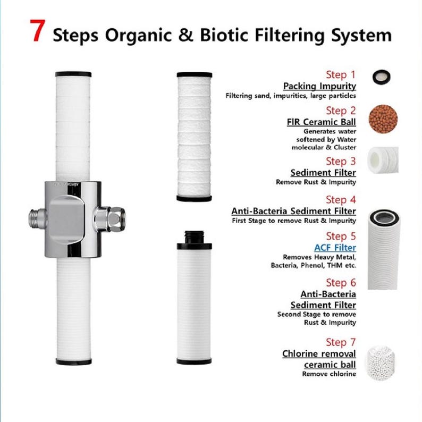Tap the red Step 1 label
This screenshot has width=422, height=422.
click(341, 74)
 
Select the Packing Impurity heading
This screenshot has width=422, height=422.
click(319, 86)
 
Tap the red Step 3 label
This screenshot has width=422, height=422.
click(341, 161)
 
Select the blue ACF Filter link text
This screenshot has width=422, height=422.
click(335, 248)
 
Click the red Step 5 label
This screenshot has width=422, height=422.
click(341, 236)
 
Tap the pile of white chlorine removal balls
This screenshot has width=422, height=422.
click(382, 362)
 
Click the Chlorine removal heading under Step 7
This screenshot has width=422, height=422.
click(319, 354)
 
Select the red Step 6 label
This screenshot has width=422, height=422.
click(341, 282)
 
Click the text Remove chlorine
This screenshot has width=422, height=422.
click(329, 374)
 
